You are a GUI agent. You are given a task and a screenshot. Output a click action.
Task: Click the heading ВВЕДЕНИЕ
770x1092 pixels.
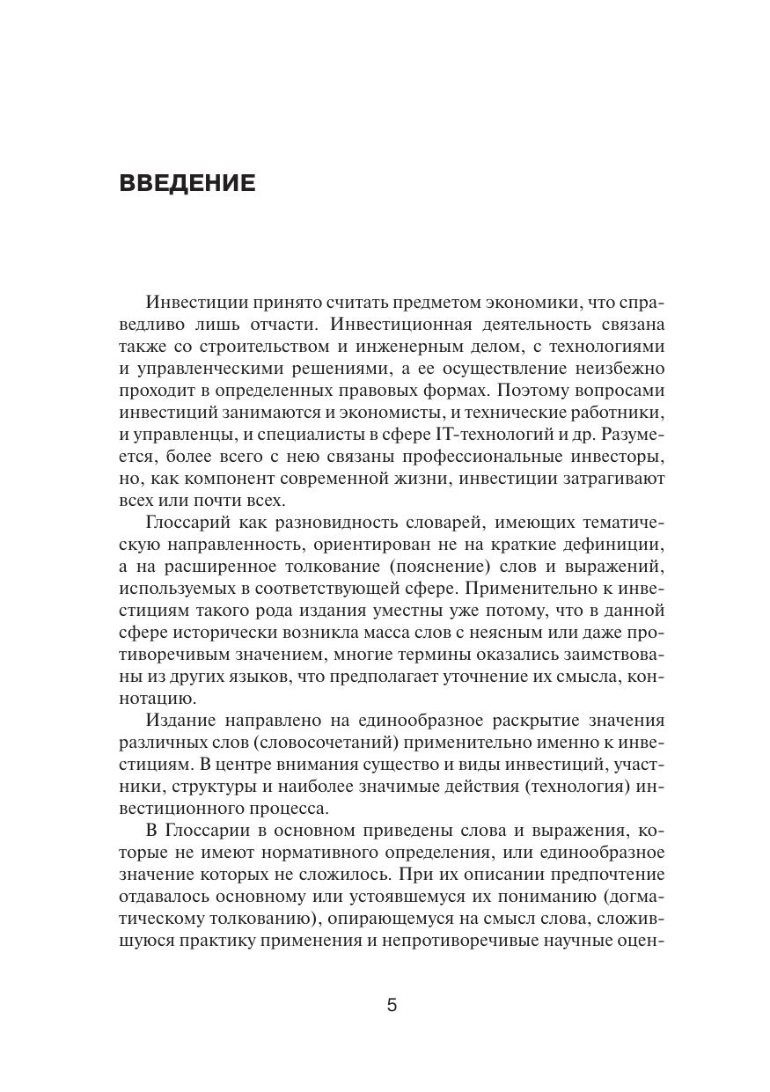pyautogui.click(x=187, y=183)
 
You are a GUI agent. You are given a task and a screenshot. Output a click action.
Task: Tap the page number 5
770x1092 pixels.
pyautogui.click(x=392, y=1005)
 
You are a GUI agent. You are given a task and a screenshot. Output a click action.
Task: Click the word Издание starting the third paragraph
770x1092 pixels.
pyautogui.click(x=184, y=721)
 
